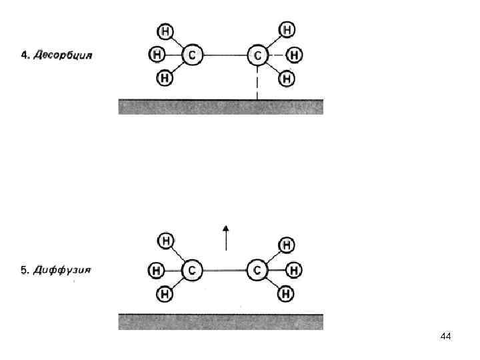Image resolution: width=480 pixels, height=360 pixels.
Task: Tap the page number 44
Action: tap(446, 337)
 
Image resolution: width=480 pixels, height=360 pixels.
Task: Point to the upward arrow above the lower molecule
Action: tap(226, 237)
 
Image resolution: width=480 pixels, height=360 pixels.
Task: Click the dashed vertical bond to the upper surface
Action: tap(257, 83)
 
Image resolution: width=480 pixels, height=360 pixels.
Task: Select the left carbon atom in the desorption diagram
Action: tap(192, 55)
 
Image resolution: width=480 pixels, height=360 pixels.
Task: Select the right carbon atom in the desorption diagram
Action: tap(257, 55)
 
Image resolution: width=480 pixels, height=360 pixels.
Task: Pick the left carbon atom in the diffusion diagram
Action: tap(192, 270)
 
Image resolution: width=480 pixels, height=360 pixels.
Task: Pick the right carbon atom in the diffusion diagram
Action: tap(257, 270)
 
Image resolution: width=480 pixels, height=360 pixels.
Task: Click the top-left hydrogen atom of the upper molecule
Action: tap(165, 31)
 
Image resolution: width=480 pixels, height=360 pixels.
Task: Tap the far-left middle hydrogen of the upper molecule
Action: tap(156, 54)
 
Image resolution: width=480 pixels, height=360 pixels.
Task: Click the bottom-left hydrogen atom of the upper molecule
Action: tap(165, 78)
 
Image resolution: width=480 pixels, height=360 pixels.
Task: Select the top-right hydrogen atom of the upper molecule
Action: tap(287, 30)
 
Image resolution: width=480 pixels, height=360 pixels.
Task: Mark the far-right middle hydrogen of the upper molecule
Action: tap(294, 55)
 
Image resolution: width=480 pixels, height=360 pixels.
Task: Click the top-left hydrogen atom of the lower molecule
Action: tap(165, 240)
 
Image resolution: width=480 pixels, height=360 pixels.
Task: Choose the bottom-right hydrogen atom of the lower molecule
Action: tap(287, 293)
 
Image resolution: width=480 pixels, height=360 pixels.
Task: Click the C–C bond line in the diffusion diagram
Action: tap(225, 270)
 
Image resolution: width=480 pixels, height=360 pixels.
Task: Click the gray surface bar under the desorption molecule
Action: tap(221, 107)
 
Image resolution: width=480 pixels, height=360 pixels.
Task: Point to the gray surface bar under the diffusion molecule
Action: tap(221, 321)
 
